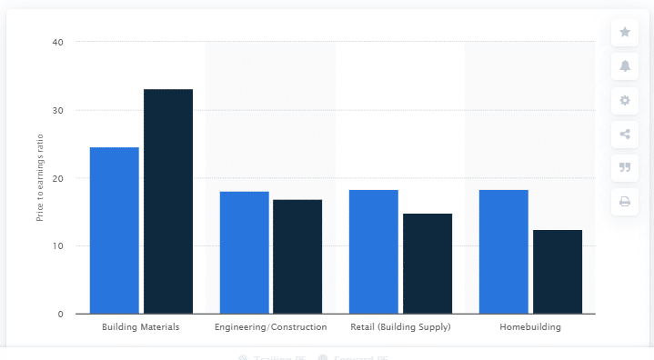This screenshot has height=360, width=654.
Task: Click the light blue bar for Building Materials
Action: click(x=114, y=231)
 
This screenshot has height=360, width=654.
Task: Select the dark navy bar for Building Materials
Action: click(x=168, y=202)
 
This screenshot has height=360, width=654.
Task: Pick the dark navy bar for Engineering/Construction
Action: click(x=297, y=256)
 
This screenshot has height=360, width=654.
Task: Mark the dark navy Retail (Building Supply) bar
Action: click(x=428, y=264)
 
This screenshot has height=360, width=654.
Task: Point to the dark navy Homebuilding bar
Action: click(x=558, y=272)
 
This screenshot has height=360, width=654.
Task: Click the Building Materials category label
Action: click(x=141, y=326)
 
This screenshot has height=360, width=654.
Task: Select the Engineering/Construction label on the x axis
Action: click(x=270, y=326)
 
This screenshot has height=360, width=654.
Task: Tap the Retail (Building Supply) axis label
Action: click(x=400, y=326)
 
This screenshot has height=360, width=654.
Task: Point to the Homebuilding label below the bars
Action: click(x=530, y=326)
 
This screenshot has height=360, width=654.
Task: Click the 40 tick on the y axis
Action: click(x=57, y=42)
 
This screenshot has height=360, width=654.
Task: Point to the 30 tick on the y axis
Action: click(x=57, y=110)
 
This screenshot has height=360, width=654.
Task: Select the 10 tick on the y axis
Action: click(x=57, y=246)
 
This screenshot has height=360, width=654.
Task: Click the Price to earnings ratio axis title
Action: click(x=39, y=178)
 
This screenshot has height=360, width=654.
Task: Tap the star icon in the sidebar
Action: click(x=625, y=32)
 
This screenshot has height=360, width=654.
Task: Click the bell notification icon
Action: click(x=625, y=65)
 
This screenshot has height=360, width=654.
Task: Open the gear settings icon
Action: click(x=625, y=100)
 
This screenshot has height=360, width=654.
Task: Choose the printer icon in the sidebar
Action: click(x=625, y=201)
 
